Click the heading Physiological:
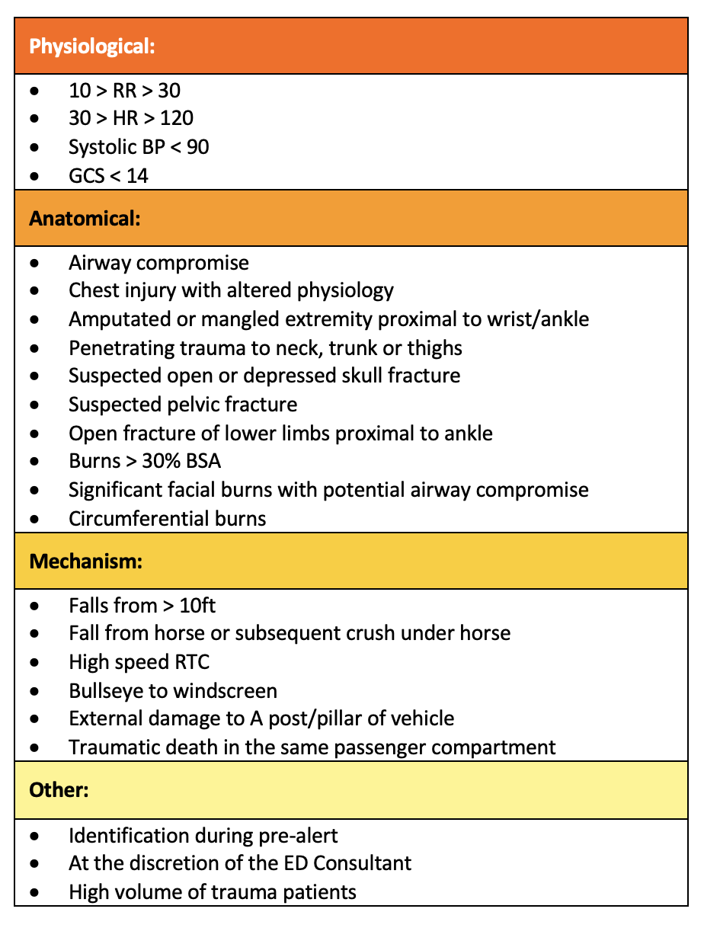point(91,46)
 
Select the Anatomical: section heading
point(85,219)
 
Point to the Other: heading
point(59,790)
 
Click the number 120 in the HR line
point(176,118)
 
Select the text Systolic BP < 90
point(139,147)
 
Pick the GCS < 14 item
point(108,176)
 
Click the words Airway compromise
point(158,264)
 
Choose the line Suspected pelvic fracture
point(183,405)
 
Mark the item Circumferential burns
point(167,520)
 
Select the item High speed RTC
point(139,663)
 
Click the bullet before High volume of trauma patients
point(36,892)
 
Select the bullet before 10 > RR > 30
point(36,91)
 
